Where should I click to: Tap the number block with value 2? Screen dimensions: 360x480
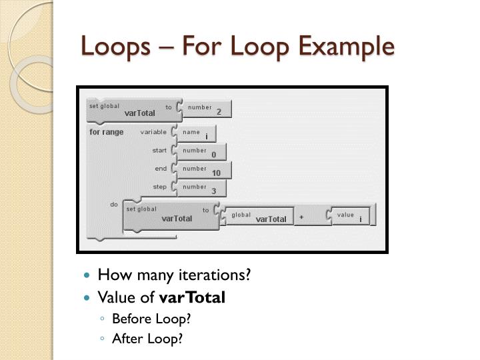point(207,109)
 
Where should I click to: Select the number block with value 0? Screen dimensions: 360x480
point(203,153)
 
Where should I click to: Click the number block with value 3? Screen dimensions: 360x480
point(203,189)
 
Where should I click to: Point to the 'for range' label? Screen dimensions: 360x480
point(107,132)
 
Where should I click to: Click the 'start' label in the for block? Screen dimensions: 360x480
point(159,151)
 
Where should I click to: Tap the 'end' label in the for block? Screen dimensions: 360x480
point(161,169)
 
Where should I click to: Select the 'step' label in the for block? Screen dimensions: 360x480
point(160,187)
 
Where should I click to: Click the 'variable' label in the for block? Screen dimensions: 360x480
point(153,132)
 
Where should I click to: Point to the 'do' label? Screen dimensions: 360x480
point(114,204)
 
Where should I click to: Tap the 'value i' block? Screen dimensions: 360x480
point(350,216)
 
